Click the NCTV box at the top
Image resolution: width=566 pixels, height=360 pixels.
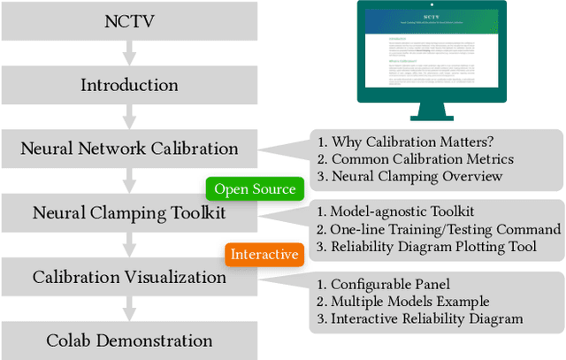tap(129, 21)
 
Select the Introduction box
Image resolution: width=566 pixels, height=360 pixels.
tap(129, 85)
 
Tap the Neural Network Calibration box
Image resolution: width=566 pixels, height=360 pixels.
tap(129, 149)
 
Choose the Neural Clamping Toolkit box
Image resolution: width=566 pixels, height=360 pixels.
tap(129, 213)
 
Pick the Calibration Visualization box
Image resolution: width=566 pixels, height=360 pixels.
tap(129, 277)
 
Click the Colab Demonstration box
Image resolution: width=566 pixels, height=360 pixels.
tap(129, 341)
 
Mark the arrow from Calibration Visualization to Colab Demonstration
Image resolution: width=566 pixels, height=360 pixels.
tap(129, 309)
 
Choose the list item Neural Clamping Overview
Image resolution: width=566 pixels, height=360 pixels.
tap(410, 176)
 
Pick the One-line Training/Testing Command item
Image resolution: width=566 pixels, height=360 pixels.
tap(432, 229)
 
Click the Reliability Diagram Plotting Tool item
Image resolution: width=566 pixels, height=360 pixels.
tap(426, 246)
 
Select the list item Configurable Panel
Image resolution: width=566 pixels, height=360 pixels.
tap(382, 285)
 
